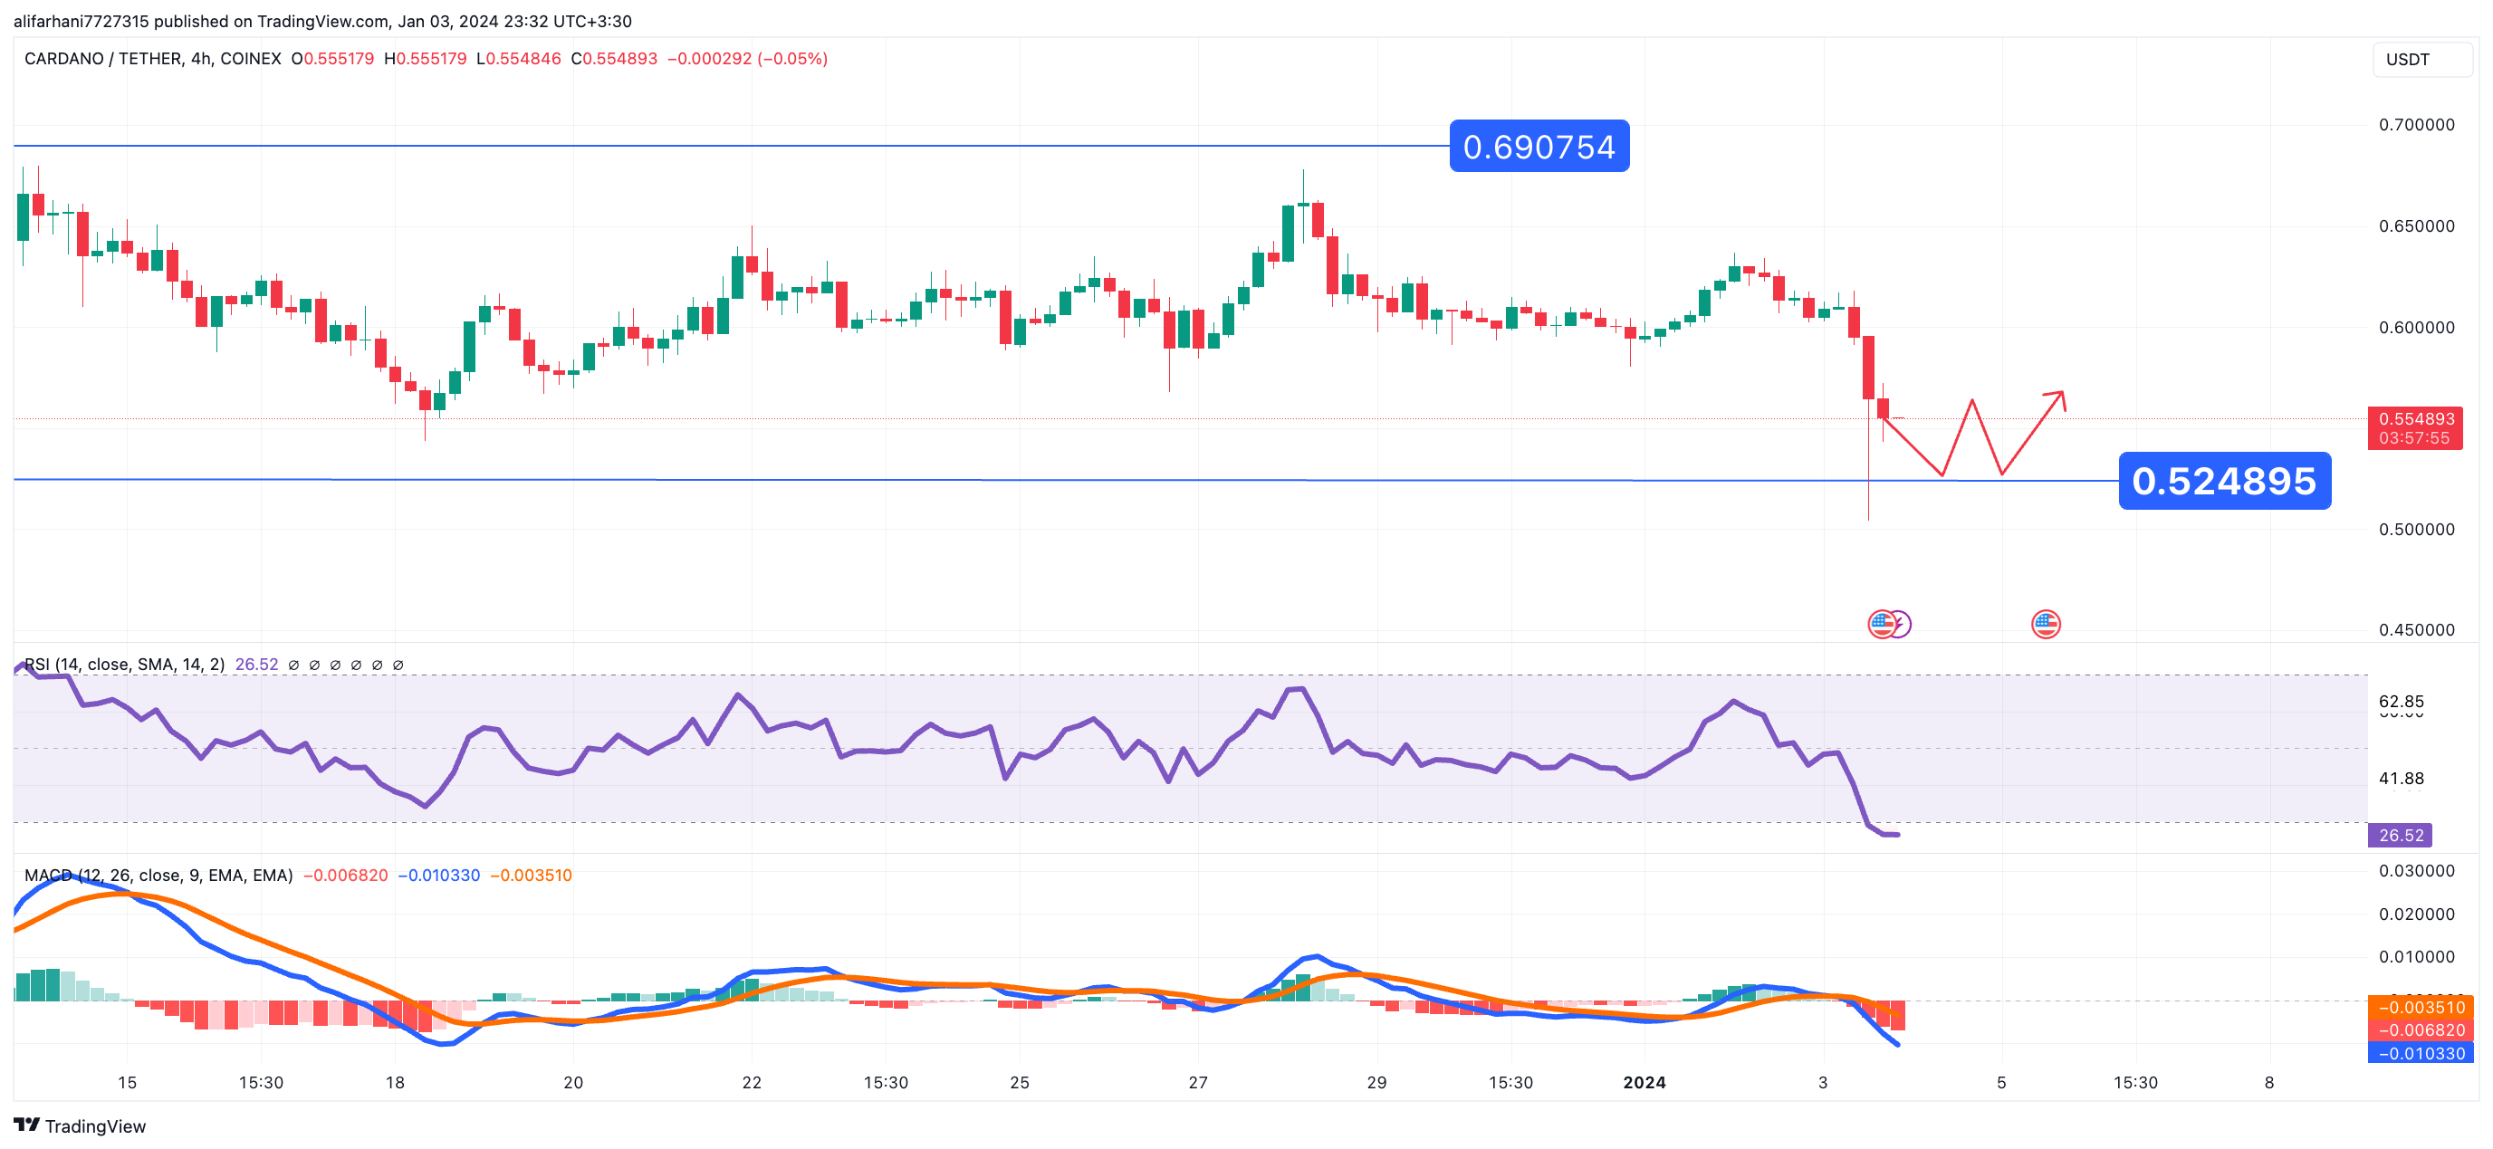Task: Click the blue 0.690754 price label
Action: point(1539,148)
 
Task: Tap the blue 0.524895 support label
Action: point(2224,481)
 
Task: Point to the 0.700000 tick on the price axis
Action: point(2416,125)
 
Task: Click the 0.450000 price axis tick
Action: point(2416,630)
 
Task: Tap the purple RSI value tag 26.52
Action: point(2400,836)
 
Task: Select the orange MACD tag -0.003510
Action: point(2420,1008)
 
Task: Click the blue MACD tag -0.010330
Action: point(2420,1053)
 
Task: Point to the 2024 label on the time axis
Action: point(1644,1082)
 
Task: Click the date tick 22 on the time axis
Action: point(752,1082)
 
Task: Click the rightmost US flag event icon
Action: point(2045,625)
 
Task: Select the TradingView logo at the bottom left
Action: point(81,1125)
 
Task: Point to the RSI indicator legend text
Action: point(124,665)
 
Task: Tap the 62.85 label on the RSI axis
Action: point(2401,702)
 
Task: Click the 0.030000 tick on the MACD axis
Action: point(2416,871)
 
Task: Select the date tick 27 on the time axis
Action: point(1198,1082)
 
